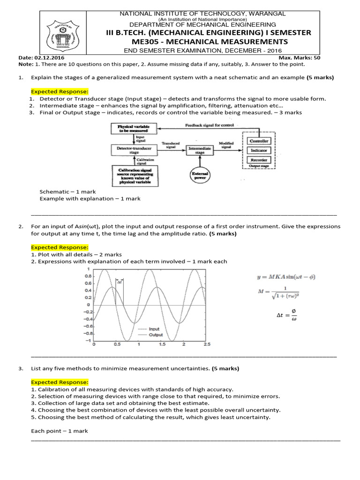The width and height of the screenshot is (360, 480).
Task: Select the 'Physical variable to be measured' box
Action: pyautogui.click(x=134, y=129)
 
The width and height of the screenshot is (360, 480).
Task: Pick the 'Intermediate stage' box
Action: pyautogui.click(x=200, y=150)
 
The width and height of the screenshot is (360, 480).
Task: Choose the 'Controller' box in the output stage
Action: pyautogui.click(x=259, y=141)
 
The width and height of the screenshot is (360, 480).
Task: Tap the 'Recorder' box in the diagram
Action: pyautogui.click(x=259, y=160)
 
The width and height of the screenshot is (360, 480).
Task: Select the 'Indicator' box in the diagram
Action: pyautogui.click(x=259, y=150)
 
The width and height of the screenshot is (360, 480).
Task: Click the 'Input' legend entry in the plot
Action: pyautogui.click(x=154, y=329)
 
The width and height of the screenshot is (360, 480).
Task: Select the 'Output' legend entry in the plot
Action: pyautogui.click(x=155, y=335)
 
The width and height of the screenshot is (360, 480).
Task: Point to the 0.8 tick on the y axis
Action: pyautogui.click(x=87, y=277)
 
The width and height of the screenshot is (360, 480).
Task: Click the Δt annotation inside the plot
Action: pyautogui.click(x=120, y=283)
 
